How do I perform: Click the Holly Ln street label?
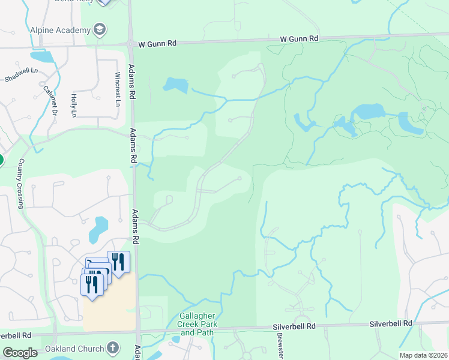coord(73,105)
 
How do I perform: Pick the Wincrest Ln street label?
coord(118,89)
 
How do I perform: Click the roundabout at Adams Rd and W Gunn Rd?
coord(130,43)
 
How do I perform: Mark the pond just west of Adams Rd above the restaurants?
coord(98,226)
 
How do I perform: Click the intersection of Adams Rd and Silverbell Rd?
coord(137,332)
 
